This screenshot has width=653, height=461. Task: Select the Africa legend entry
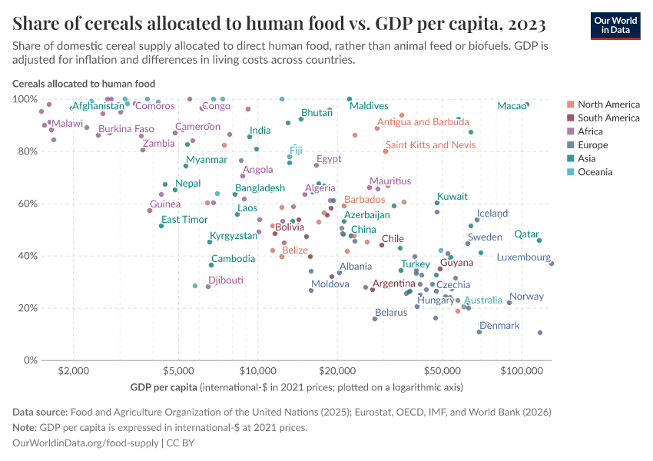click(x=592, y=131)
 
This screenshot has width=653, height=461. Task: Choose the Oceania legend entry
click(x=595, y=172)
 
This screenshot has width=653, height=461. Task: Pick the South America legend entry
click(x=608, y=118)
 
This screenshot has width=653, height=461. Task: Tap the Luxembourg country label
click(x=523, y=257)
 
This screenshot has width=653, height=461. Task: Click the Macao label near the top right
click(x=511, y=106)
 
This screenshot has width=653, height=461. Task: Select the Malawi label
click(x=68, y=124)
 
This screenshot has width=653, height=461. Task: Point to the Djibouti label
click(x=226, y=280)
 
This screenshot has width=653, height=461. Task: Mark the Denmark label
click(x=499, y=326)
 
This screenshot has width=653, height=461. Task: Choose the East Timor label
click(x=184, y=220)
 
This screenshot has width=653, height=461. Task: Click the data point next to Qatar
click(x=539, y=240)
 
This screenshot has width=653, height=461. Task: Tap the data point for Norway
click(x=509, y=303)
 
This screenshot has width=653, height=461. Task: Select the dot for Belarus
click(x=375, y=318)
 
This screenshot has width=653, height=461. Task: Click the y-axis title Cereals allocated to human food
click(x=84, y=84)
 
